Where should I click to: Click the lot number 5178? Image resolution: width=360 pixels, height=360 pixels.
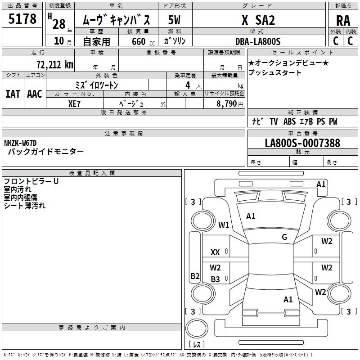(22, 19)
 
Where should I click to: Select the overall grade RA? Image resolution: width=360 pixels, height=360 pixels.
(343, 21)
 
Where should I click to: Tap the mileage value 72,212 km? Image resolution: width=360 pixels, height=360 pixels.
(55, 65)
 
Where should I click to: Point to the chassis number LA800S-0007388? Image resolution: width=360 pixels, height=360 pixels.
(302, 143)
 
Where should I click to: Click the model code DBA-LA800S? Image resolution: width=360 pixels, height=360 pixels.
(258, 41)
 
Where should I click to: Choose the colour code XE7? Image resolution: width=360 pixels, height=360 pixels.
(74, 104)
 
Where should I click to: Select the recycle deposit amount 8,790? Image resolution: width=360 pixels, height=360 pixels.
(226, 103)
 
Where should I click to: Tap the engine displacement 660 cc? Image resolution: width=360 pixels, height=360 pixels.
(143, 42)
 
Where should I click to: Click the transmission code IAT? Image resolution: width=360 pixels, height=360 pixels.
(13, 94)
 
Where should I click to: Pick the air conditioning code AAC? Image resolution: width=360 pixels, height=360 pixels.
(35, 94)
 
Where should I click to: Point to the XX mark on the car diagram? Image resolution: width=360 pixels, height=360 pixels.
(215, 252)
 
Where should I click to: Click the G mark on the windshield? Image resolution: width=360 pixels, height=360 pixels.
(284, 237)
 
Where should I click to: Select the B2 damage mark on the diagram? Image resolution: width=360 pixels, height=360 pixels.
(195, 276)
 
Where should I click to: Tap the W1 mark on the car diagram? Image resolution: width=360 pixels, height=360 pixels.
(224, 225)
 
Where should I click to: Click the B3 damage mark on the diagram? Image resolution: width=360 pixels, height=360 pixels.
(215, 279)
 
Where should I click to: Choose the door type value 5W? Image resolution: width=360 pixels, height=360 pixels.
(174, 20)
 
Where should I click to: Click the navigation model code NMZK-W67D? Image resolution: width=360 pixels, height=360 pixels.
(20, 143)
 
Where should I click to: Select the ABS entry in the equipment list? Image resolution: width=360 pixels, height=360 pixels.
(289, 121)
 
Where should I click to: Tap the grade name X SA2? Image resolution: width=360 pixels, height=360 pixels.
(258, 20)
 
